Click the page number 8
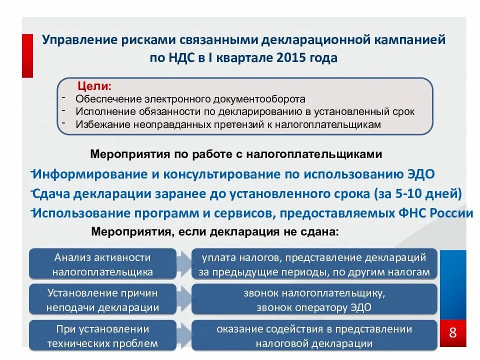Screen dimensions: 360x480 453,332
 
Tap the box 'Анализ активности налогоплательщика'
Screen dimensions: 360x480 102,264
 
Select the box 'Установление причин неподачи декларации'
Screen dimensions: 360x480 102,300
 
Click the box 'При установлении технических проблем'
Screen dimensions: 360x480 102,336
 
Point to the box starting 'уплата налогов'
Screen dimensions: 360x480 314,264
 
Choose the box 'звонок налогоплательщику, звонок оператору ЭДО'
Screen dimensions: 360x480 314,300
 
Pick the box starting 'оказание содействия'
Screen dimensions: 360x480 314,336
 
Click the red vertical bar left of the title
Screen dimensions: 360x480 27,55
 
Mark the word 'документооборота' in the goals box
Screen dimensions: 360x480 260,99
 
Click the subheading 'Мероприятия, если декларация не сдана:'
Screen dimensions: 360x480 214,232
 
